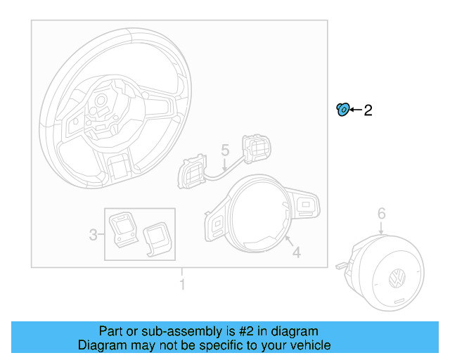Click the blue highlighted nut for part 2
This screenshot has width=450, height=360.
coord(342,109)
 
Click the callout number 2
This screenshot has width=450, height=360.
coord(367,110)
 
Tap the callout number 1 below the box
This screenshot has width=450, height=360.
coord(182,285)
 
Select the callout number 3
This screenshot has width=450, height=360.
coord(93,235)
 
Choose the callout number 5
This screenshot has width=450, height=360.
coord(225,150)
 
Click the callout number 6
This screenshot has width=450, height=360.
coord(381,212)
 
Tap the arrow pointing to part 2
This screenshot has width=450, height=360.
coord(355,110)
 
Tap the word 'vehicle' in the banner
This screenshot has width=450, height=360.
coord(307,345)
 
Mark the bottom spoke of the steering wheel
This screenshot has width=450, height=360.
coord(119,169)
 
